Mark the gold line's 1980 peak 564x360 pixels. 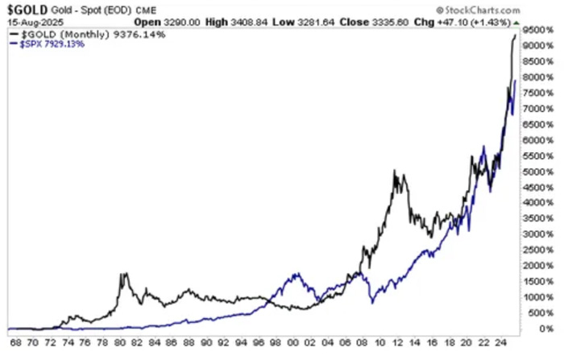point(125,274)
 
